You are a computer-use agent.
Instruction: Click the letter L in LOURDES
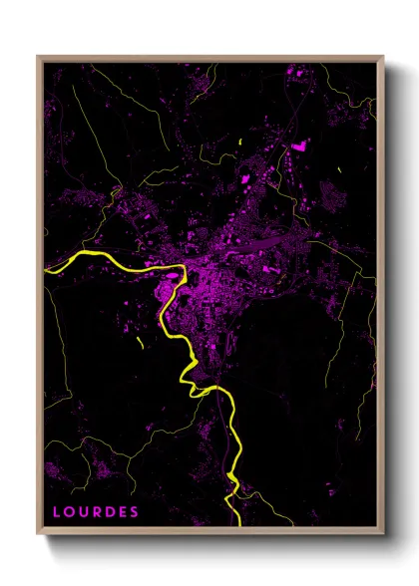56,511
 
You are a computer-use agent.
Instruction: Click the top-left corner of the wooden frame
38,57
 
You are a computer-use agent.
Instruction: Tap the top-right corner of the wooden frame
383,57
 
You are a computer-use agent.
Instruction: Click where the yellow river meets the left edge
45,268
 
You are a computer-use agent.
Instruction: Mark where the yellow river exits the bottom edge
237,524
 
